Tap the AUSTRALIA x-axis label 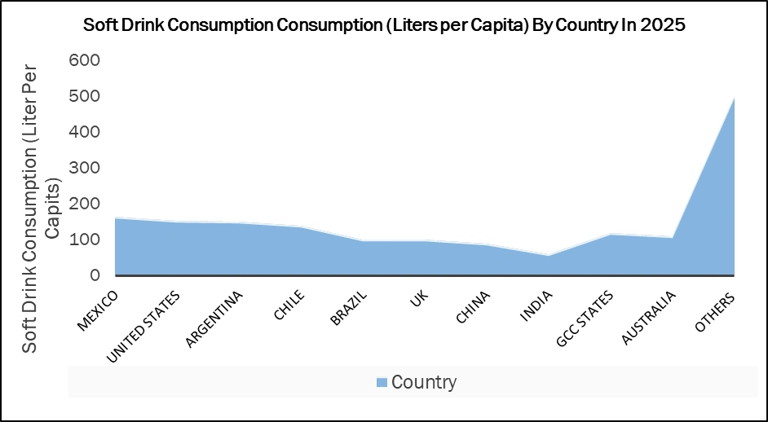point(649,319)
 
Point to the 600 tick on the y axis point(84,60)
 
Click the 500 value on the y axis point(84,96)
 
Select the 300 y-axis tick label point(84,168)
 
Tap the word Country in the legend point(424,382)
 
